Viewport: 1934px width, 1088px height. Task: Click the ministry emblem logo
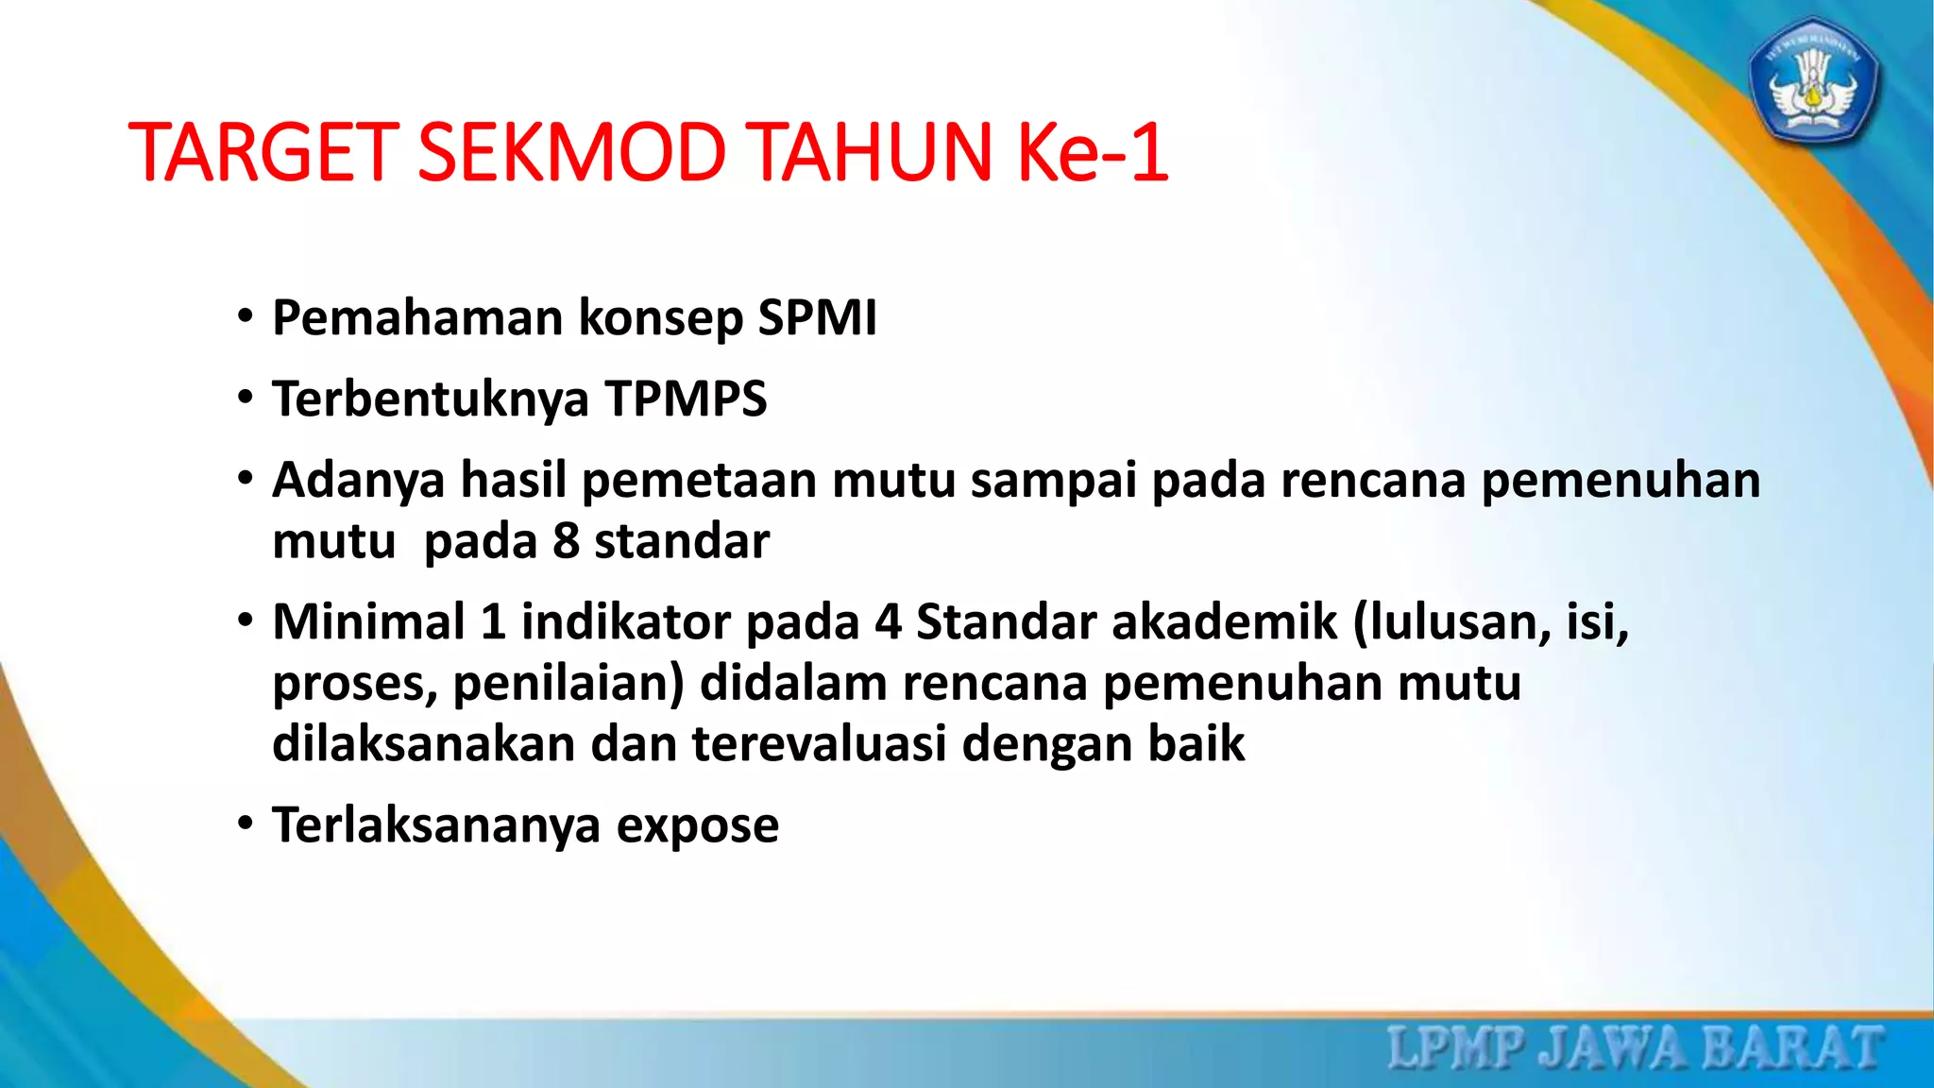(1812, 81)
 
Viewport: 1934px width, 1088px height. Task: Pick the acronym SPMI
(817, 317)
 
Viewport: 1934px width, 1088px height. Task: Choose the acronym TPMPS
(686, 399)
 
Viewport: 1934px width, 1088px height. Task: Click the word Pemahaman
(417, 317)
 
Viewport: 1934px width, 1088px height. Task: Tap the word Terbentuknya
(430, 399)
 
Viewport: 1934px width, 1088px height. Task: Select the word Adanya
(358, 480)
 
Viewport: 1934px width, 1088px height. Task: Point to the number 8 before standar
(566, 541)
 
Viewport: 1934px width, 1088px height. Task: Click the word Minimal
(368, 622)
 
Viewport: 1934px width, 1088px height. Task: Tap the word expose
(698, 825)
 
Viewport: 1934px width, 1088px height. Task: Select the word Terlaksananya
(436, 825)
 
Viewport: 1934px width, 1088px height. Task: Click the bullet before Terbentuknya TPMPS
(246, 399)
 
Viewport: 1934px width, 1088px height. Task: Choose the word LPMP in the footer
(1455, 1048)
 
